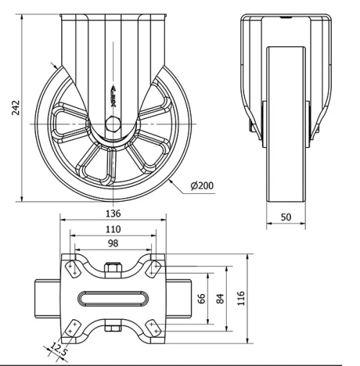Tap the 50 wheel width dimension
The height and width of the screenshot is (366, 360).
tap(286, 217)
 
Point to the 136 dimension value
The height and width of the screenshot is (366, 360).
tap(112, 214)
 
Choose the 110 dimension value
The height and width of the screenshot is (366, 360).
tap(112, 230)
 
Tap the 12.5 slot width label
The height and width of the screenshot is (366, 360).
tap(58, 351)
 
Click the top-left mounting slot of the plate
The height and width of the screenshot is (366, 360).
tap(71, 268)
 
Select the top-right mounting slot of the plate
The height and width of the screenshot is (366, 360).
tap(153, 268)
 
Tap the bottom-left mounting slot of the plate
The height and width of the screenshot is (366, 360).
tap(71, 329)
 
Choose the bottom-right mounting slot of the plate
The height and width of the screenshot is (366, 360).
tap(153, 329)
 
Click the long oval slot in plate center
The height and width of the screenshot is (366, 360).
tap(112, 298)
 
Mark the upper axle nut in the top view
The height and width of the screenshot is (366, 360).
tap(112, 270)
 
